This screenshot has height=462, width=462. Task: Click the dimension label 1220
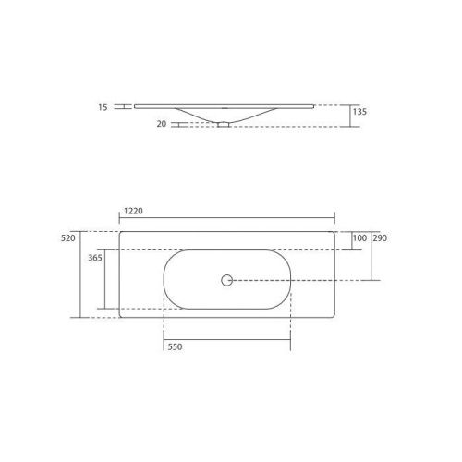[133, 212]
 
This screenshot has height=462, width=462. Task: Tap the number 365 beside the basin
[94, 260]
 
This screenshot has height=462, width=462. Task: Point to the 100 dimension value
[359, 238]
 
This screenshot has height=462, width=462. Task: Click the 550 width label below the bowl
[176, 347]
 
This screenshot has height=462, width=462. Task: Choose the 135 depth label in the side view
[360, 111]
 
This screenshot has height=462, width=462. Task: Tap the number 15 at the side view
[102, 107]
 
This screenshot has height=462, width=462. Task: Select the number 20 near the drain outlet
[162, 123]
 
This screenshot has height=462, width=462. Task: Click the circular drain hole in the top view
[226, 279]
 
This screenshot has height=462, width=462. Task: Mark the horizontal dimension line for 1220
[226, 220]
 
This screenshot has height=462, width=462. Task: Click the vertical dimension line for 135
[349, 115]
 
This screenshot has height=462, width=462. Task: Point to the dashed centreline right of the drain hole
[296, 279]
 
